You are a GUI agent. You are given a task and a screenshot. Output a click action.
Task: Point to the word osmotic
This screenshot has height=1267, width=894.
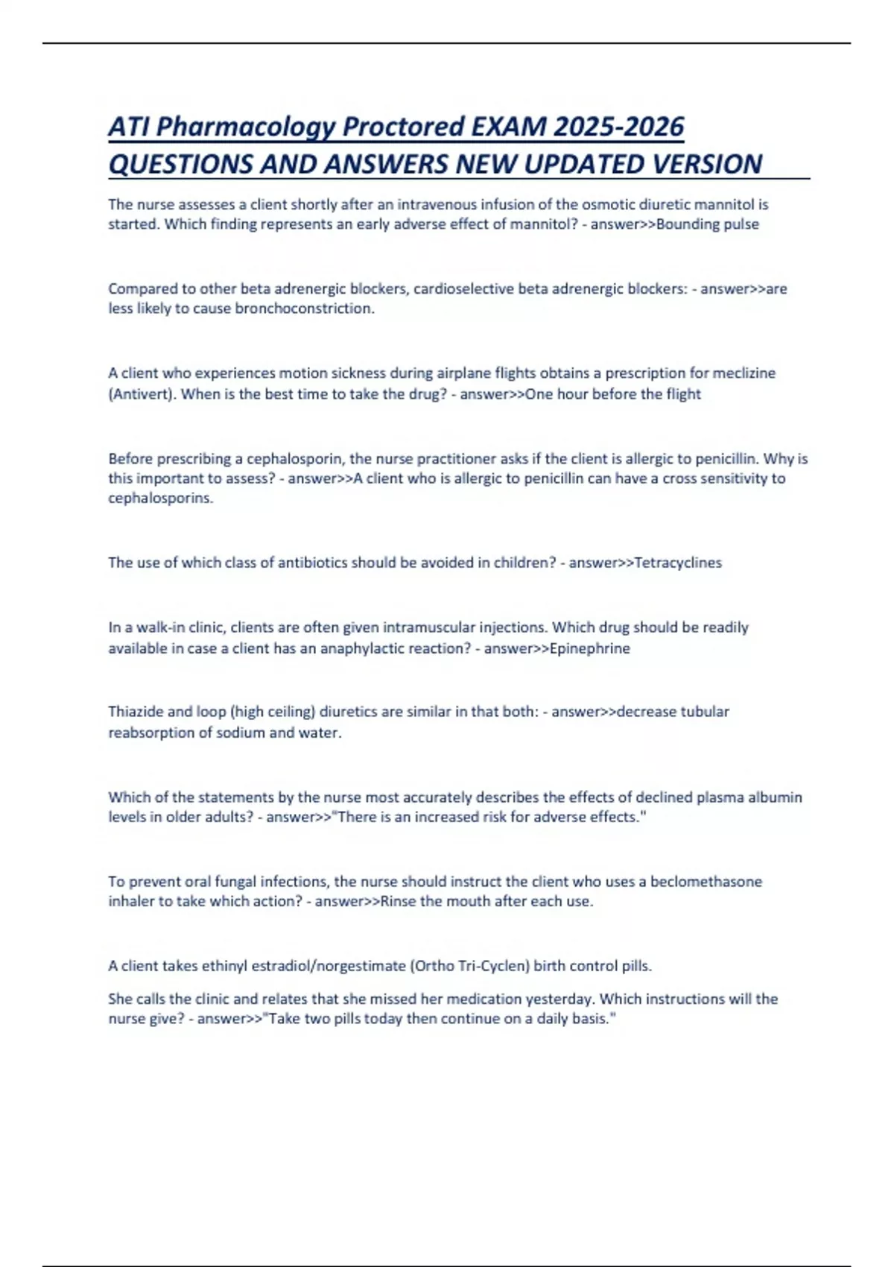click(606, 204)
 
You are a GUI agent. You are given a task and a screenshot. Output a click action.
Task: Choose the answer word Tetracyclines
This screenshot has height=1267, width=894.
click(678, 563)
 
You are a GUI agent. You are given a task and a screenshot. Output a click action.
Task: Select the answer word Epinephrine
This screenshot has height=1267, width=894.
click(589, 648)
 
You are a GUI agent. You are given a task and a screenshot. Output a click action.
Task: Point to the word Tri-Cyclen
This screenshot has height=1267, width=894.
click(492, 966)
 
